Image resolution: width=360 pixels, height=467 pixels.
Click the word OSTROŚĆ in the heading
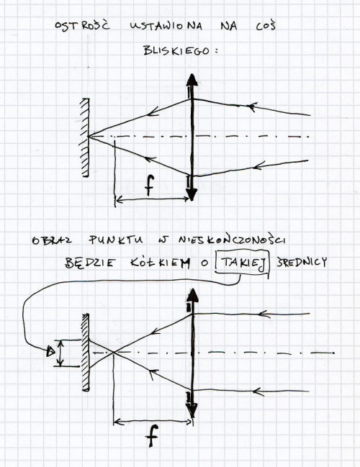(x=82, y=25)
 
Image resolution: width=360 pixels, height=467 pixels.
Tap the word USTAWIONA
(x=166, y=26)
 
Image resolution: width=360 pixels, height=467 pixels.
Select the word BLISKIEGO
(x=176, y=50)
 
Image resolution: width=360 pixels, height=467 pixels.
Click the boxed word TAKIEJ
(x=243, y=263)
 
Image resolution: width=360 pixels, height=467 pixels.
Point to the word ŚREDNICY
(x=301, y=263)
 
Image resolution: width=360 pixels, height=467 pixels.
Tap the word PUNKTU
(x=116, y=240)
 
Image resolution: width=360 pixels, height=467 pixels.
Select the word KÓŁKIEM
(x=161, y=263)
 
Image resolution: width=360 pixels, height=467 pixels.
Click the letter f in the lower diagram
(x=152, y=435)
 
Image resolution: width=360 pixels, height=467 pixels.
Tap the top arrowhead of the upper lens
(x=192, y=80)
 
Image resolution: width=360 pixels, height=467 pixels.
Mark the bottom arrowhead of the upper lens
(x=191, y=194)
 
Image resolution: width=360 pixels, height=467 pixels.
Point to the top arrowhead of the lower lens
(x=193, y=295)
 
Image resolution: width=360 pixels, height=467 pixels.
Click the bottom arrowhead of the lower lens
(x=192, y=409)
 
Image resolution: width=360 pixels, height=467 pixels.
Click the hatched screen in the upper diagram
(x=85, y=137)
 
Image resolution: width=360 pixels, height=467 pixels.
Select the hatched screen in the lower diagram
(x=86, y=352)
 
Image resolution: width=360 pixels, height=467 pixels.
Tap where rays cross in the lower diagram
(x=114, y=353)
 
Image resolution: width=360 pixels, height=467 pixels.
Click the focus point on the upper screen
(x=89, y=137)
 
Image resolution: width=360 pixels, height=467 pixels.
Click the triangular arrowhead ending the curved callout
(x=50, y=352)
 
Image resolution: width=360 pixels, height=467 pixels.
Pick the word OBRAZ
(x=52, y=240)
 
